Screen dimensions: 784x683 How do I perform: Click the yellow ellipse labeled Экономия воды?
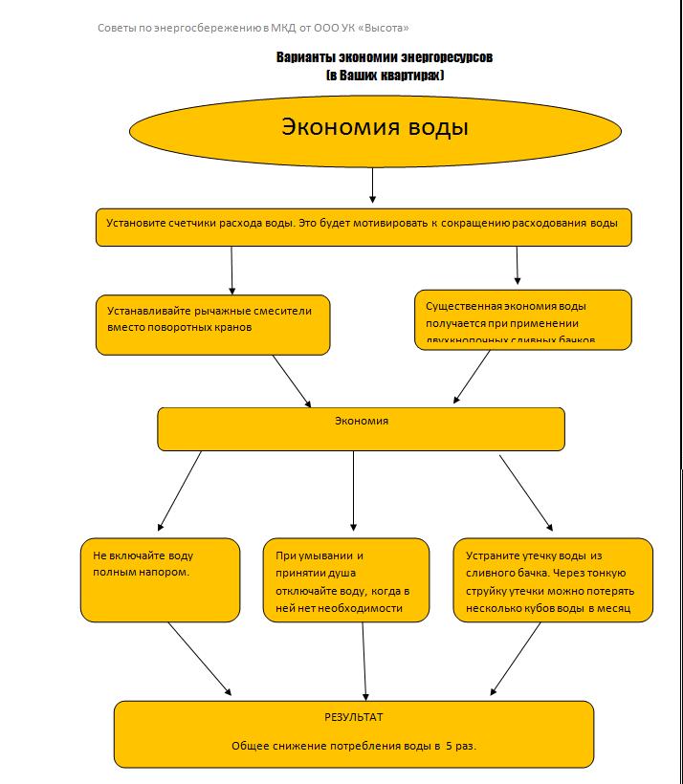(x=374, y=128)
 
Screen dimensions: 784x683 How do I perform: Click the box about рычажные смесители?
(x=213, y=324)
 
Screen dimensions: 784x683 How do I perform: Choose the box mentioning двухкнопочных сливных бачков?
(x=523, y=319)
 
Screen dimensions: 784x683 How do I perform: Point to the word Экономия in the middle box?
(x=361, y=420)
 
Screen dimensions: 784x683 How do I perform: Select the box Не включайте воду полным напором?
(x=160, y=579)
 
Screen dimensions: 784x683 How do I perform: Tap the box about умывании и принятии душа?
(x=346, y=579)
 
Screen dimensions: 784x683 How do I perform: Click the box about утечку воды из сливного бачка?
(x=552, y=579)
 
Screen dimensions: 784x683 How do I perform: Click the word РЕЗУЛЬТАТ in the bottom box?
(x=353, y=716)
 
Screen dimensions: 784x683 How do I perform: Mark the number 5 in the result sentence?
(x=448, y=745)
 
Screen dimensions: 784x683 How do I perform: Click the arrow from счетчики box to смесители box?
(x=231, y=270)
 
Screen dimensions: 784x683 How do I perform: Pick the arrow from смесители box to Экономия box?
(x=292, y=381)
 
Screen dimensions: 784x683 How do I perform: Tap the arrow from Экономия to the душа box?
(x=354, y=490)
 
